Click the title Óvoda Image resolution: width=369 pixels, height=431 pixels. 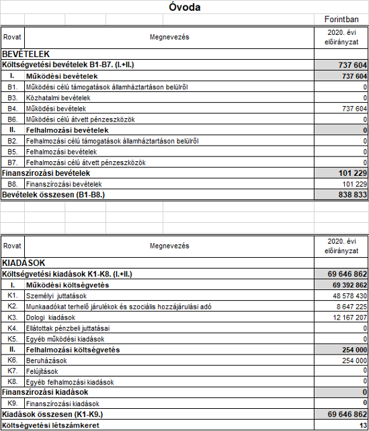pyautogui.click(x=183, y=8)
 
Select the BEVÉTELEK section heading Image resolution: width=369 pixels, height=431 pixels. pyautogui.click(x=26, y=54)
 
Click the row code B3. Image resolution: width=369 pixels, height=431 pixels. pyautogui.click(x=12, y=98)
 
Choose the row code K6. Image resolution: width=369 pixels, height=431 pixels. pyautogui.click(x=12, y=361)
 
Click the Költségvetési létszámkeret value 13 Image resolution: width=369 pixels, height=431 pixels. pyautogui.click(x=364, y=426)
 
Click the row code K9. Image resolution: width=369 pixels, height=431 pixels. pyautogui.click(x=12, y=404)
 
